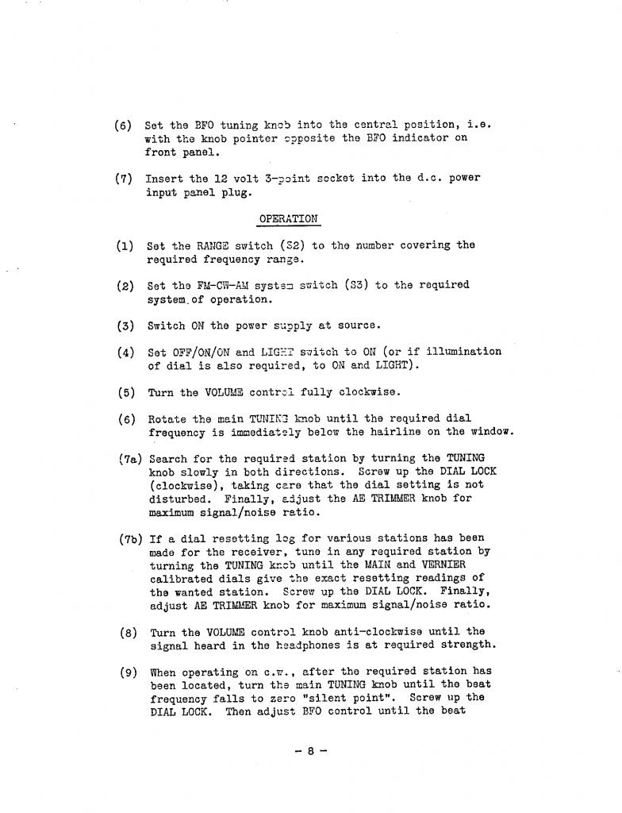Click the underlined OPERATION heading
click(x=288, y=218)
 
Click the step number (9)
click(x=129, y=672)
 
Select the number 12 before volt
click(x=220, y=178)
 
